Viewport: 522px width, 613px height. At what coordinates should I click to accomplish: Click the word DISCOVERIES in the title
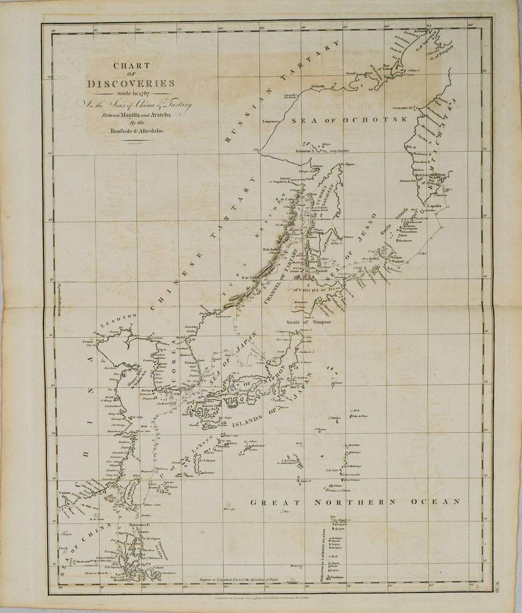[x=131, y=84]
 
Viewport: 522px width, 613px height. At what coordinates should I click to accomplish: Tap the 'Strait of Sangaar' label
[x=302, y=322]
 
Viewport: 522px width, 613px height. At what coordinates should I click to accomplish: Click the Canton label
[x=67, y=494]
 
